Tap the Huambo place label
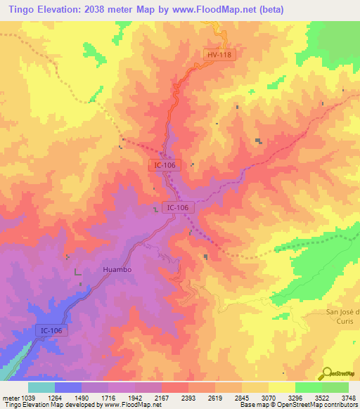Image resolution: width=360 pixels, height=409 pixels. point(117,269)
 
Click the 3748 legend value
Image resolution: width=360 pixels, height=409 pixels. point(347,397)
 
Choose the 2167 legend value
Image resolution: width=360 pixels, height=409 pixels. point(161,397)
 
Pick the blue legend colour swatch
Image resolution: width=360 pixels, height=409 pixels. point(68,387)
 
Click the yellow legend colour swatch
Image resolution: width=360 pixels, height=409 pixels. point(281,387)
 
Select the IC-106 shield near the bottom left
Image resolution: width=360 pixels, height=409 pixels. point(52,330)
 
